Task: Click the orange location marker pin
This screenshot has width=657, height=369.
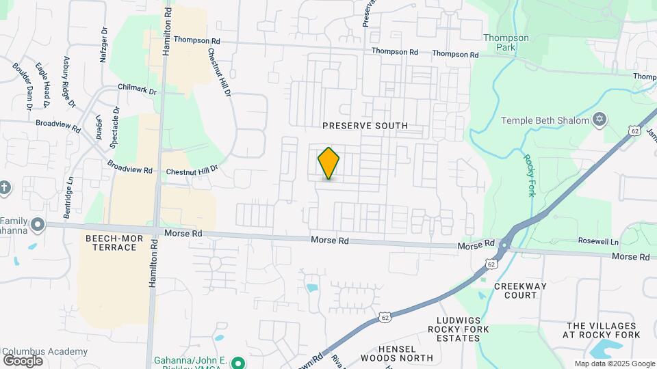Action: point(329,163)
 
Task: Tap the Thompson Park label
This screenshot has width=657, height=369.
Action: point(506,43)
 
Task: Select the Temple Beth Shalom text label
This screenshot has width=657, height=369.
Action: point(545,120)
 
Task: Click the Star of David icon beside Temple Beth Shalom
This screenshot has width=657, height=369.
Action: point(600,120)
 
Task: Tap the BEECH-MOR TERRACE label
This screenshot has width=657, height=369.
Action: point(112,242)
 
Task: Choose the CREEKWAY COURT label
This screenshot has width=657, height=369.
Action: point(515,290)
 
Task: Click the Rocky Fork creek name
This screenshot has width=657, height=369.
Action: point(529,176)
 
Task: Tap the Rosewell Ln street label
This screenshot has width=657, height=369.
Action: point(598,242)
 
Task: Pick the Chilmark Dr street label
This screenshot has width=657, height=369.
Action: point(137,90)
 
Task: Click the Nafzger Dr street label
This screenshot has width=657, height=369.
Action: point(104,44)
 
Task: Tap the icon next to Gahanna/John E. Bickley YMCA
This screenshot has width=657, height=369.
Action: point(238,363)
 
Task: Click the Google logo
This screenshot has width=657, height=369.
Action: point(23,361)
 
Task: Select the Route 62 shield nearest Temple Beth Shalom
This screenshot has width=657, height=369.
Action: point(633,130)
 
